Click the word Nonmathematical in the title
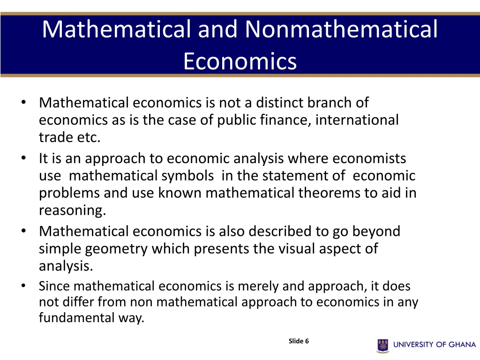pyautogui.click(x=341, y=29)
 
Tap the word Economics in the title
pyautogui.click(x=240, y=61)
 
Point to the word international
pyautogui.click(x=357, y=120)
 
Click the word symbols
pyautogui.click(x=188, y=176)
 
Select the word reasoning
pyautogui.click(x=72, y=211)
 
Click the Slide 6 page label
pyautogui.click(x=299, y=341)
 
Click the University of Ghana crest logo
pyautogui.click(x=383, y=345)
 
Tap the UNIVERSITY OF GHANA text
pyautogui.click(x=435, y=345)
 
